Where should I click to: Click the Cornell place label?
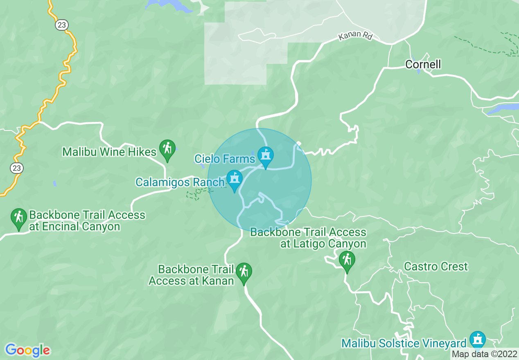pyautogui.click(x=423, y=64)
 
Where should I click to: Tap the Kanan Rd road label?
pyautogui.click(x=355, y=36)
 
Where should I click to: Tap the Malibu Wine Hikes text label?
pyautogui.click(x=109, y=152)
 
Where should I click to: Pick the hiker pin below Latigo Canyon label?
pyautogui.click(x=347, y=261)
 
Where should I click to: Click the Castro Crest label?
pyautogui.click(x=436, y=267)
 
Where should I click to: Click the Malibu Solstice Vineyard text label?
pyautogui.click(x=404, y=343)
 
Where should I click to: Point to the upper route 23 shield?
pyautogui.click(x=61, y=25)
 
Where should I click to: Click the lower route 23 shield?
pyautogui.click(x=17, y=168)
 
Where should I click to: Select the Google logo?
pyautogui.click(x=28, y=350)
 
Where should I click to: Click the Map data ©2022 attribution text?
pyautogui.click(x=484, y=354)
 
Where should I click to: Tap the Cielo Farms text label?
pyautogui.click(x=225, y=158)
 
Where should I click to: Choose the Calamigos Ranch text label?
pyautogui.click(x=180, y=182)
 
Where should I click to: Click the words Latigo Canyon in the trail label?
pyautogui.click(x=323, y=244)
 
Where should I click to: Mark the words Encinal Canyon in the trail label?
pyautogui.click(x=74, y=227)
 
